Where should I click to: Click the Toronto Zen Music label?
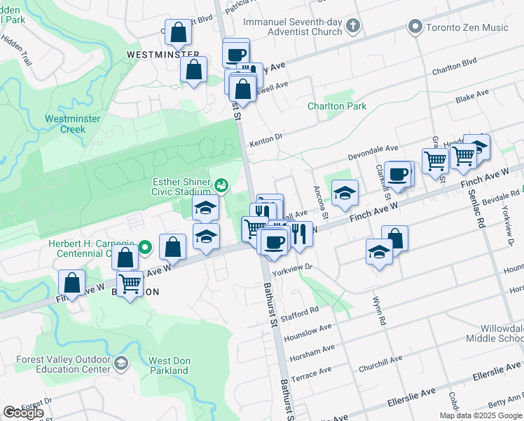(x=467, y=27)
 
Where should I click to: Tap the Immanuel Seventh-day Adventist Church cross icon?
(x=353, y=27)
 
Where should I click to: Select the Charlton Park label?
(x=337, y=107)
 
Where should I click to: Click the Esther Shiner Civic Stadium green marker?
(x=221, y=185)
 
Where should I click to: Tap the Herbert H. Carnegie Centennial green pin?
(x=145, y=247)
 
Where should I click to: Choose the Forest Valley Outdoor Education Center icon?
(x=121, y=363)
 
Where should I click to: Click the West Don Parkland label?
(x=169, y=366)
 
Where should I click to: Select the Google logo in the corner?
(x=23, y=413)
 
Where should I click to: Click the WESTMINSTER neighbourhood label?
(x=158, y=54)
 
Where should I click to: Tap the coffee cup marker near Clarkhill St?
(x=397, y=173)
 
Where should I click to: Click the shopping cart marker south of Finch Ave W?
(x=130, y=283)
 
